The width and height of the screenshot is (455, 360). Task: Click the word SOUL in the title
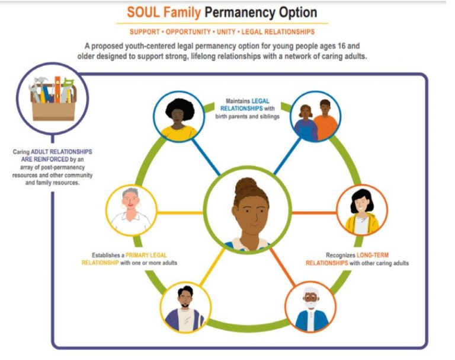click(x=143, y=12)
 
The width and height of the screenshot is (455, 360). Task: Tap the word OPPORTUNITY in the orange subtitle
click(x=188, y=31)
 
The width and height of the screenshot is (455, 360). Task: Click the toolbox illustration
click(x=53, y=98)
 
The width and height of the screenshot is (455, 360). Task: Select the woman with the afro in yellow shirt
click(x=179, y=119)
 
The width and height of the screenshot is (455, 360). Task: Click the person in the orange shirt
click(x=325, y=120)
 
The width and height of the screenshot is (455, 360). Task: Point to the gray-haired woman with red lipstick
click(x=131, y=210)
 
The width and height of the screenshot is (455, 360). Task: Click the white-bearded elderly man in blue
click(x=311, y=309)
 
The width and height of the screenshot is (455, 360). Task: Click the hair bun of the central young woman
click(x=246, y=187)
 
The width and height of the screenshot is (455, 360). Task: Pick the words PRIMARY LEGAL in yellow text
click(x=146, y=255)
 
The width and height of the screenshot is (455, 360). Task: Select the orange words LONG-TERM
click(x=372, y=255)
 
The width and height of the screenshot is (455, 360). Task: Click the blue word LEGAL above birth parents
click(x=260, y=101)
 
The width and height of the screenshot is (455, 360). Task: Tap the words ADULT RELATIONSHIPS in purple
click(x=62, y=152)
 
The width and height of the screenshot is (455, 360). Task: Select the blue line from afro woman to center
click(x=206, y=157)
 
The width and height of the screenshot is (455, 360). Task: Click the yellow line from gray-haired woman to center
click(x=180, y=213)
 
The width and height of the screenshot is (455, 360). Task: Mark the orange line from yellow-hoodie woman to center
click(x=314, y=213)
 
